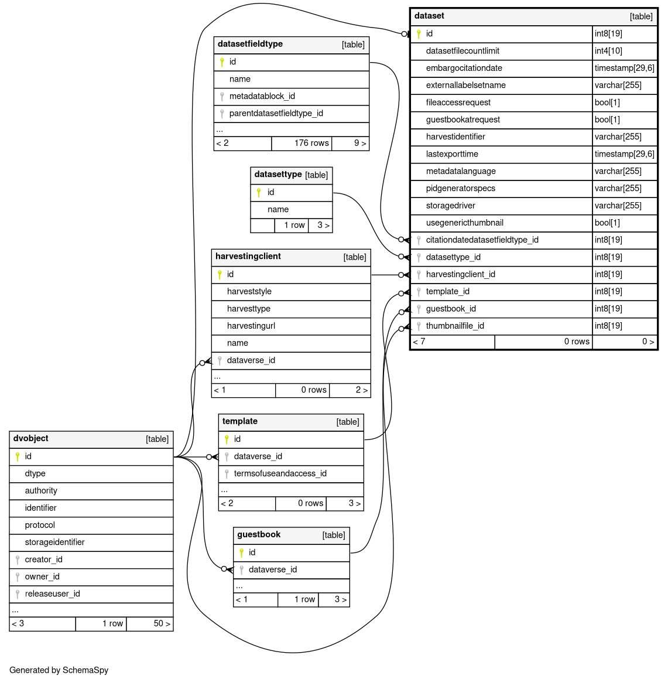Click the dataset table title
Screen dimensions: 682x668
429,16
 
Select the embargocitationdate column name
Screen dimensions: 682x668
464,68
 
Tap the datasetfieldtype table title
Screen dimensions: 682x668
250,44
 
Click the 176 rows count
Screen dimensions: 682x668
311,143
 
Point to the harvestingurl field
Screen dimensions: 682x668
251,326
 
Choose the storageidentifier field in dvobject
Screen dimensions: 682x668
54,542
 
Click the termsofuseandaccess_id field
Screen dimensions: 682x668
280,473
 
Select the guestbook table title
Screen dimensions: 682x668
259,534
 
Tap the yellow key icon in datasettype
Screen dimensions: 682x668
259,192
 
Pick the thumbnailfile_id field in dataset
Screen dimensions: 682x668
455,326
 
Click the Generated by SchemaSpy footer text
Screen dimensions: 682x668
59,670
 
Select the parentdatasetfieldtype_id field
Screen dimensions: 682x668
276,113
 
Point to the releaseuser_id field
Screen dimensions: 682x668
52,594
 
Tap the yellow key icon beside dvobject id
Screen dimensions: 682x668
18,456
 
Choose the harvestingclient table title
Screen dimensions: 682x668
248,257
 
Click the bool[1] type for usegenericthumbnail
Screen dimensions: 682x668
607,223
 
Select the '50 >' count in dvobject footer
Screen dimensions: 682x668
162,623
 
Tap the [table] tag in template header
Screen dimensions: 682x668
348,422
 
